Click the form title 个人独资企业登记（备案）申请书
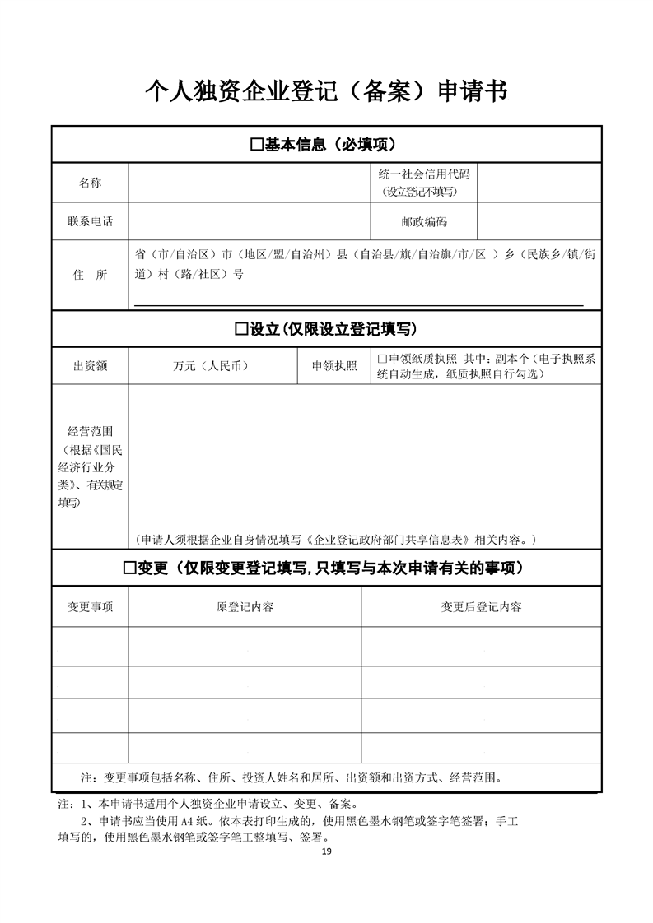click(x=326, y=90)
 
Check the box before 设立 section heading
click(x=240, y=329)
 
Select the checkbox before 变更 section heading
click(x=128, y=568)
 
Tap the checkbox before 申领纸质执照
click(x=381, y=359)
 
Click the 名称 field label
click(x=90, y=183)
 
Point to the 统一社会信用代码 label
click(x=423, y=174)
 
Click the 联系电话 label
click(x=90, y=222)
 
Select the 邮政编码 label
click(x=424, y=222)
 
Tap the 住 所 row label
click(x=90, y=275)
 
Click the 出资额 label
click(x=90, y=366)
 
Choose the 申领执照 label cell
click(x=334, y=366)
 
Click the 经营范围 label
click(x=90, y=431)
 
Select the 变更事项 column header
click(x=90, y=607)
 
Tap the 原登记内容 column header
click(x=245, y=607)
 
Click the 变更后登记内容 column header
click(x=481, y=607)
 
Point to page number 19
click(x=327, y=851)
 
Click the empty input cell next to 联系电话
click(x=247, y=222)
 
